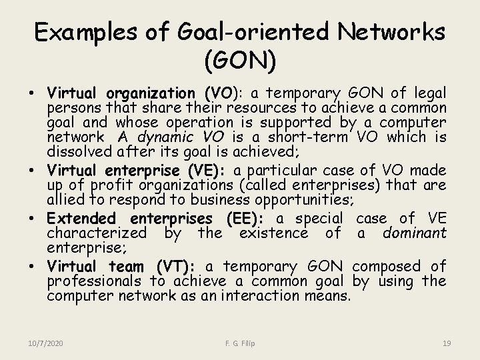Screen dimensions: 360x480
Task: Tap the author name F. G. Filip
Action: point(240,343)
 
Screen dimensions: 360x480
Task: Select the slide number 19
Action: point(447,343)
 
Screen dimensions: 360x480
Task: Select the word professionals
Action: point(94,281)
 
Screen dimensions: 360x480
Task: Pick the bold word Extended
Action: point(81,219)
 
